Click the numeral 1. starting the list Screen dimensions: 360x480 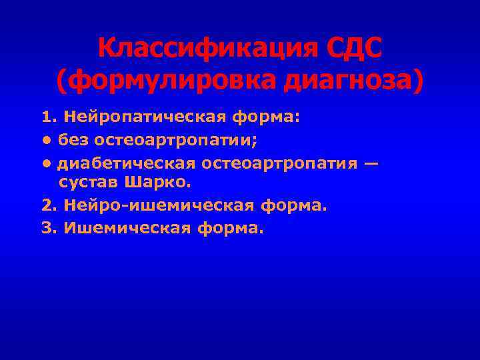click(x=49, y=118)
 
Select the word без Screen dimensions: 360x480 click(x=73, y=140)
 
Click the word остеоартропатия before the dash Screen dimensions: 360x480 click(x=279, y=163)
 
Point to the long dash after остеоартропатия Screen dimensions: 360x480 click(x=372, y=163)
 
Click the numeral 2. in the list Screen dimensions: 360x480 click(x=49, y=206)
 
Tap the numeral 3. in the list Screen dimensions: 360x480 click(x=49, y=229)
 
